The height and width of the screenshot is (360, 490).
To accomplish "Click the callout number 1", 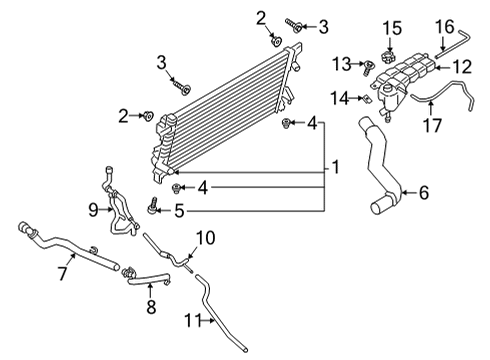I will pyautogui.click(x=335, y=166).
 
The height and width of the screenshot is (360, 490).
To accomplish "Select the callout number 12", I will pyautogui.click(x=462, y=67).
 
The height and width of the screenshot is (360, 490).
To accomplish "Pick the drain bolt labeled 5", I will pyautogui.click(x=154, y=206).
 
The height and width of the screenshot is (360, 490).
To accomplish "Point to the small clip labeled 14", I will pyautogui.click(x=367, y=98).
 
